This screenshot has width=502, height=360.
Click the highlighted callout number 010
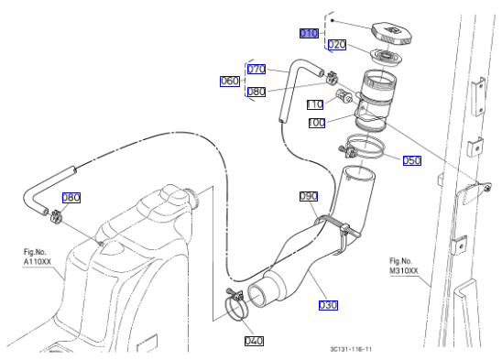click(x=309, y=33)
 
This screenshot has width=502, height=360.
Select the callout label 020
click(x=337, y=45)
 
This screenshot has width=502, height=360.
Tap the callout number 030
click(x=328, y=305)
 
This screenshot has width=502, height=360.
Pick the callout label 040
click(x=254, y=341)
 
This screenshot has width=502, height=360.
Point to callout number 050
click(x=411, y=161)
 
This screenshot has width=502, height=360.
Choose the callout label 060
click(x=230, y=82)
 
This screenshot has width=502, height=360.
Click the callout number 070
click(x=256, y=70)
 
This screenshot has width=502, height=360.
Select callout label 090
click(x=309, y=196)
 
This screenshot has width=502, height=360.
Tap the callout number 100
click(x=317, y=123)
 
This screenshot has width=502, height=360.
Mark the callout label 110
click(x=315, y=104)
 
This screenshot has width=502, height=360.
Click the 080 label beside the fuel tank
click(x=71, y=198)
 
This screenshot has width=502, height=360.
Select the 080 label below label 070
click(x=256, y=92)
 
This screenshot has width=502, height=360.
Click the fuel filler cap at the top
click(x=391, y=33)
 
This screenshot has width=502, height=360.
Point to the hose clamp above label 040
click(x=236, y=303)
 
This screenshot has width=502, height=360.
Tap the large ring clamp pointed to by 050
click(x=363, y=147)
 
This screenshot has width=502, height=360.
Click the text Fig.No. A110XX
click(x=38, y=256)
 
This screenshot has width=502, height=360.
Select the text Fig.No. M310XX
click(x=403, y=266)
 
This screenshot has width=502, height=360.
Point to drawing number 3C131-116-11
click(x=351, y=349)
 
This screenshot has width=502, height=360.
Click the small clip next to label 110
click(x=344, y=97)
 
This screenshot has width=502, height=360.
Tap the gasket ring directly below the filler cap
click(x=386, y=58)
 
